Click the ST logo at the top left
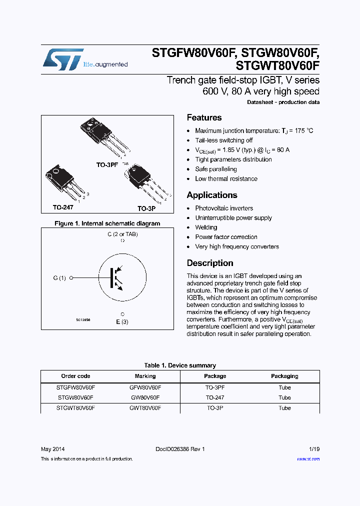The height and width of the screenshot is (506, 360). pos(62,60)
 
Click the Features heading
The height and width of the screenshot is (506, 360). pos(204,118)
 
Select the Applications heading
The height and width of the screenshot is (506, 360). pos(211,195)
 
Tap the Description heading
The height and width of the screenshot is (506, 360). pos(209,263)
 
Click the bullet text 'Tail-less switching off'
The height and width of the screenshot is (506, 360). pos(223,140)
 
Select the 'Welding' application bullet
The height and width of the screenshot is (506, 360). pos(206,227)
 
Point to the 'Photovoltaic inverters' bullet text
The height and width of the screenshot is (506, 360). pos(224,208)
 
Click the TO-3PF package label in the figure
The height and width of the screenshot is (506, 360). pos(107,164)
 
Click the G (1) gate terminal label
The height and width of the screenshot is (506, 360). pos(59,278)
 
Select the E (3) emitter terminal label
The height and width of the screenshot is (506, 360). pos(122,322)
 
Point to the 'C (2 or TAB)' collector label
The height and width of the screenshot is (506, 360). pos(122,234)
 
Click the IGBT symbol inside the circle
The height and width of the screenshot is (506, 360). pos(117,277)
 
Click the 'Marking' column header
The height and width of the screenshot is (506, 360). pos(145,376)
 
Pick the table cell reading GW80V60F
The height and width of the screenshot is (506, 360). pos(145,397)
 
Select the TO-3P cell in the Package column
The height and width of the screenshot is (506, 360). pos(215,408)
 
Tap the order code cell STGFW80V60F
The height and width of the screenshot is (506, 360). pos(75,387)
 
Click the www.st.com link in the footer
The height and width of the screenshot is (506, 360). pos(308,459)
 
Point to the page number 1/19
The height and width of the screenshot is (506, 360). pos(313,449)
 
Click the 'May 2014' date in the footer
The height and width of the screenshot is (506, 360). pos(52,449)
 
